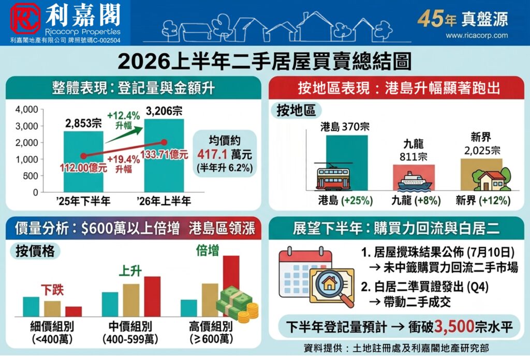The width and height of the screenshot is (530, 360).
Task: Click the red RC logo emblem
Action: click(26, 18)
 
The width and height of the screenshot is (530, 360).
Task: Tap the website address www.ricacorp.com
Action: click(477, 36)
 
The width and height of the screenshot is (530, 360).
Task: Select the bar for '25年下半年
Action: click(83, 161)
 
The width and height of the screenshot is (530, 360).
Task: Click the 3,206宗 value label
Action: click(164, 111)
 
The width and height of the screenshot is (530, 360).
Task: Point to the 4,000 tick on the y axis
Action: click(26, 110)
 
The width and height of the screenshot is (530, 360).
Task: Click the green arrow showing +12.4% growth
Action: click(124, 134)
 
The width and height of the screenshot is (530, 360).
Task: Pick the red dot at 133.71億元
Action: click(164, 142)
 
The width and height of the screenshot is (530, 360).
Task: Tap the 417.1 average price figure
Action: click(212, 154)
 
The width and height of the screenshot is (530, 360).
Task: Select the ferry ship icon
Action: click(415, 181)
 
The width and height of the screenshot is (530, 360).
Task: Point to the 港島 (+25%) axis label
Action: click(345, 201)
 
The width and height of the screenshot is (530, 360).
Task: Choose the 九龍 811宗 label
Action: click(414, 151)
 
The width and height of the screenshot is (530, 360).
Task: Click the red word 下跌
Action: click(52, 290)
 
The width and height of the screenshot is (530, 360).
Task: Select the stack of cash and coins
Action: click(238, 304)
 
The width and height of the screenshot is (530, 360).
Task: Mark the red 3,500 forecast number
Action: click(454, 326)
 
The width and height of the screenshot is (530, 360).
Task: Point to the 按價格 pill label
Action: click(35, 251)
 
